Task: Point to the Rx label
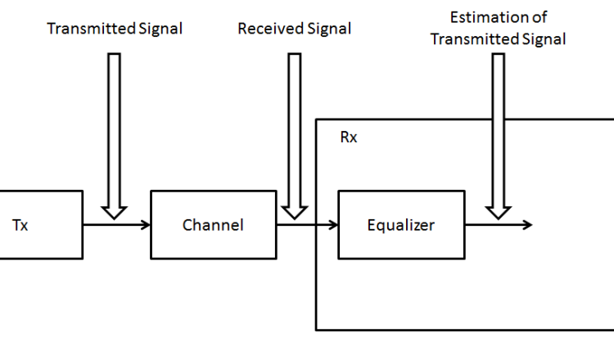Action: (349, 137)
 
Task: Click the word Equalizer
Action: (400, 225)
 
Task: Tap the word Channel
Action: (213, 225)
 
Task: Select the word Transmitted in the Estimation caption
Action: (471, 38)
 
